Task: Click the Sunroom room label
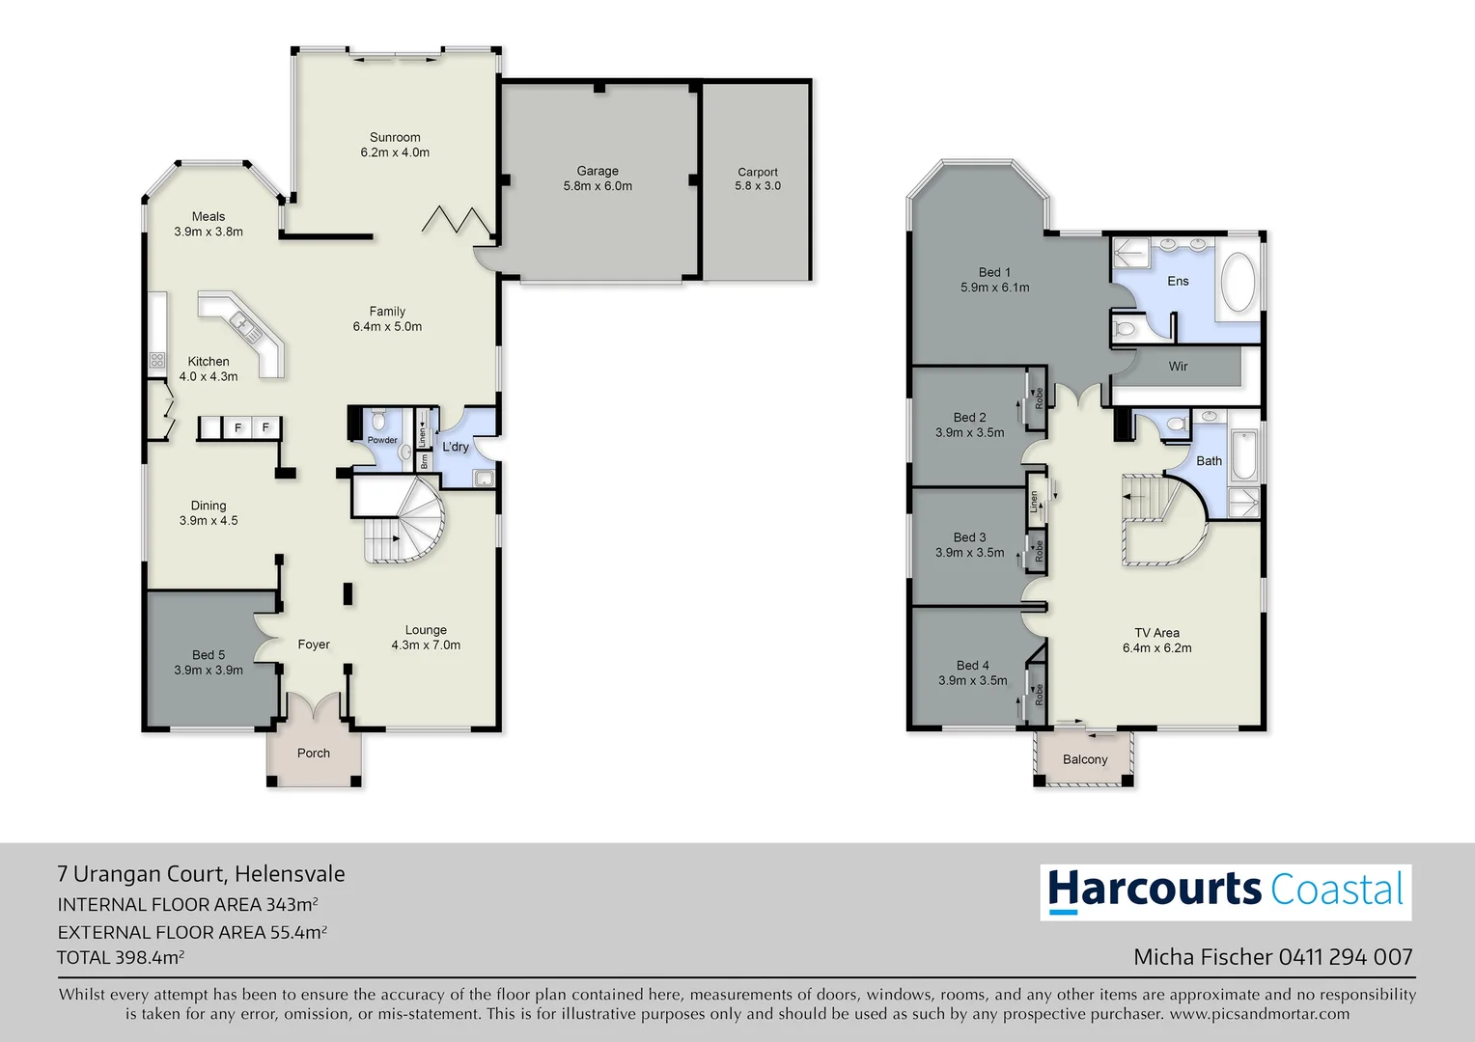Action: [395, 138]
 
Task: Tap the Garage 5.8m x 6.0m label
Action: [598, 178]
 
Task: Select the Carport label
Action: [758, 173]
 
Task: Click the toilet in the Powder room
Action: [378, 421]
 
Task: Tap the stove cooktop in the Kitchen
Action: [156, 361]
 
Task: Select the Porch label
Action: [314, 754]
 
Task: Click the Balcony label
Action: [1085, 759]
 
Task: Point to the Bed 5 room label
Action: [209, 655]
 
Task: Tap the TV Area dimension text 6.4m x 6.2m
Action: [1156, 648]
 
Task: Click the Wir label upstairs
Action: [1178, 367]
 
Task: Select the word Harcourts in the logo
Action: [1155, 890]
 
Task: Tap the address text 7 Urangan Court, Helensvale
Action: [201, 874]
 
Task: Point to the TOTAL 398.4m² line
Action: [121, 958]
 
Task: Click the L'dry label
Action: [456, 447]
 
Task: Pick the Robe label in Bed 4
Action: [1039, 694]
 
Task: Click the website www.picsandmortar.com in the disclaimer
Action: [1259, 1014]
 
